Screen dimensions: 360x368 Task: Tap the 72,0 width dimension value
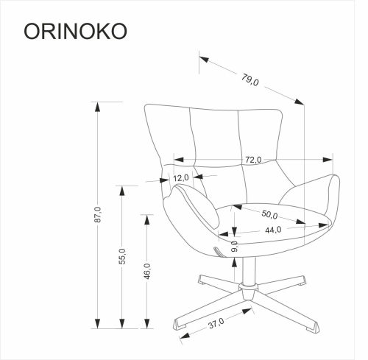tap(254, 160)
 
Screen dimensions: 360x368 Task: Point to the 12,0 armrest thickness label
tap(182, 177)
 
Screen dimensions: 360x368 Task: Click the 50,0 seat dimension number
tap(269, 215)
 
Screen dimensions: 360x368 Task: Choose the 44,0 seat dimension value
tap(273, 230)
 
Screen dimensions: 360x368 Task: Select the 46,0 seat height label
tap(147, 271)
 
